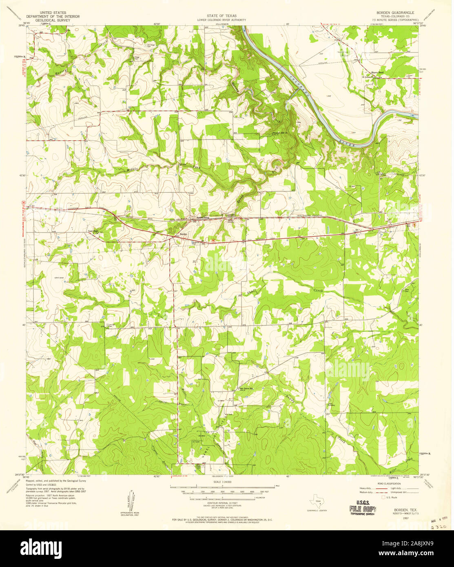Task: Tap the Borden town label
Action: (x=184, y=235)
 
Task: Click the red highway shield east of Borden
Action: (x=213, y=241)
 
